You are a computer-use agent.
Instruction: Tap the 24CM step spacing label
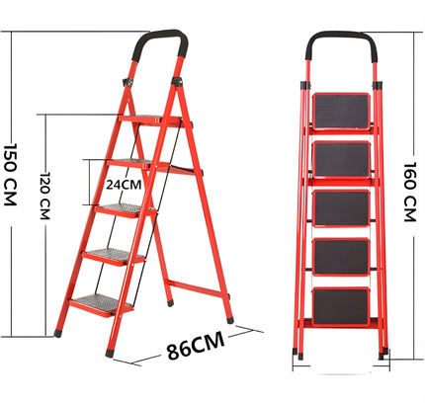coord(125,184)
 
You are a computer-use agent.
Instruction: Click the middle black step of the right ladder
coord(341,208)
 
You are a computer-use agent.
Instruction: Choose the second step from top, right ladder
coord(341,160)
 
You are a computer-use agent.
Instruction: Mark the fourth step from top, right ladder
coord(341,256)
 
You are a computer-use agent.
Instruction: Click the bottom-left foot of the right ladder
coord(296,350)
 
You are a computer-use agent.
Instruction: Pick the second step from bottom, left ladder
coord(111,256)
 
